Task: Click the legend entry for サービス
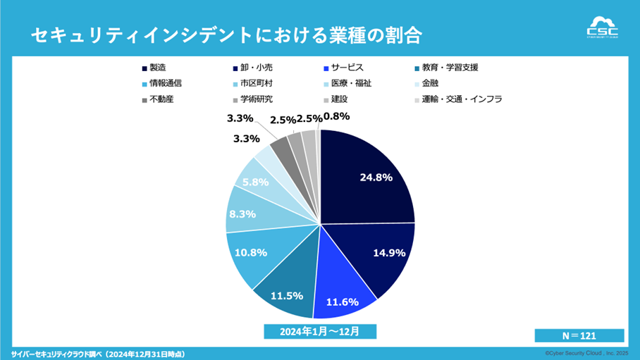342,68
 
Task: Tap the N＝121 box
579,335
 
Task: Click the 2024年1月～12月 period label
319,330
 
